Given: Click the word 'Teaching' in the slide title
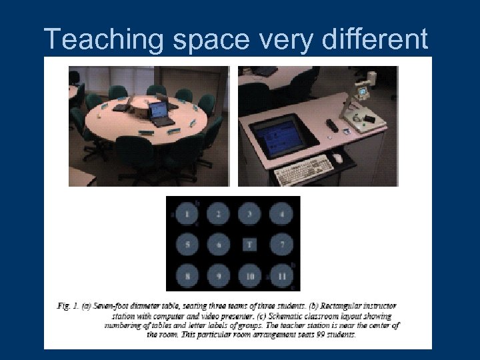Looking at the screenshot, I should coord(99,40).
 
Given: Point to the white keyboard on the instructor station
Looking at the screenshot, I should coord(301,169).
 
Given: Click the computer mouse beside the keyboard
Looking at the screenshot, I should coord(338,158).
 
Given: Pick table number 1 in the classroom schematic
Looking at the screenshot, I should coord(187,215).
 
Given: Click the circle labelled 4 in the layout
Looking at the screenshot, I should coord(282,215).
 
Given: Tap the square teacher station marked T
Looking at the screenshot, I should coord(250,245).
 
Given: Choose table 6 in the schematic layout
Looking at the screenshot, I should coord(219,245).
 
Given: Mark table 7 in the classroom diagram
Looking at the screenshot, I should coord(282,245).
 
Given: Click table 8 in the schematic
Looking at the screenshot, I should coord(187,275).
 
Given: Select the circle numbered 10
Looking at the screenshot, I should coord(250,275).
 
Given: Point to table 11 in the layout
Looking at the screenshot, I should coord(282,275).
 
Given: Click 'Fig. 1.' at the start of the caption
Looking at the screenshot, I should coord(68,306).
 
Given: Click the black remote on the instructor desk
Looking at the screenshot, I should coord(331,125).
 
